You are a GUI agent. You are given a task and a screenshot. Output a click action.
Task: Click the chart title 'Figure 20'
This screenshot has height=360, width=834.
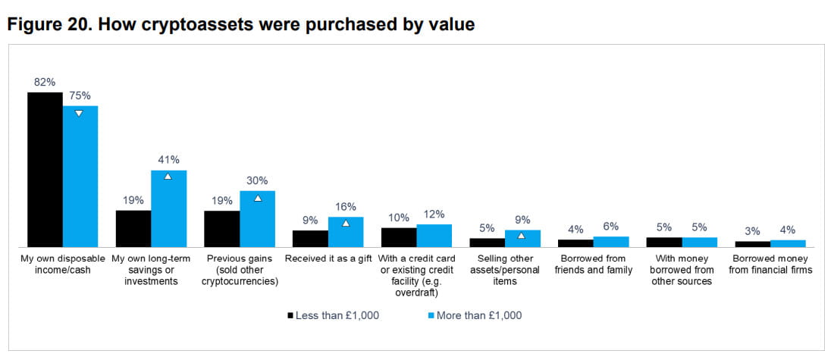241,24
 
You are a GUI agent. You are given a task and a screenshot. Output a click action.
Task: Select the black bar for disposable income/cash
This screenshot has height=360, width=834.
45,169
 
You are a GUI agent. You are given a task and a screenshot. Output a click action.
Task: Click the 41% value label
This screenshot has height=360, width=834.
168,159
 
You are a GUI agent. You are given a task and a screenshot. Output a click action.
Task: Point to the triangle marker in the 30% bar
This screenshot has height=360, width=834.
257,199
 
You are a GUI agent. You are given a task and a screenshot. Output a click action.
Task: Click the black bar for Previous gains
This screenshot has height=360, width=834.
221,228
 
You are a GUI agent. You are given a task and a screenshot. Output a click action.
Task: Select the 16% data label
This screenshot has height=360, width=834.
346,206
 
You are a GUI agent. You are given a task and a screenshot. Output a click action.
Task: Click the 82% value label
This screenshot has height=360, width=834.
45,82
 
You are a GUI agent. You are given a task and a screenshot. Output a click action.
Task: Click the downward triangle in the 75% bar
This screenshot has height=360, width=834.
79,114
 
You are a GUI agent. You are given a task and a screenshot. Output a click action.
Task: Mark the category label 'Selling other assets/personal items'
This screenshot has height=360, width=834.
504,270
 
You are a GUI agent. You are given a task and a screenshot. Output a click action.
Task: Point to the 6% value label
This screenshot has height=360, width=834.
611,226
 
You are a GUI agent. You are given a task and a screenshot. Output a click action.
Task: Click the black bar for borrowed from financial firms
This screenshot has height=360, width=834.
752,244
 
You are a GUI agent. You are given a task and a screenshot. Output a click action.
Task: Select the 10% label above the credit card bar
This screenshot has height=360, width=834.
399,218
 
